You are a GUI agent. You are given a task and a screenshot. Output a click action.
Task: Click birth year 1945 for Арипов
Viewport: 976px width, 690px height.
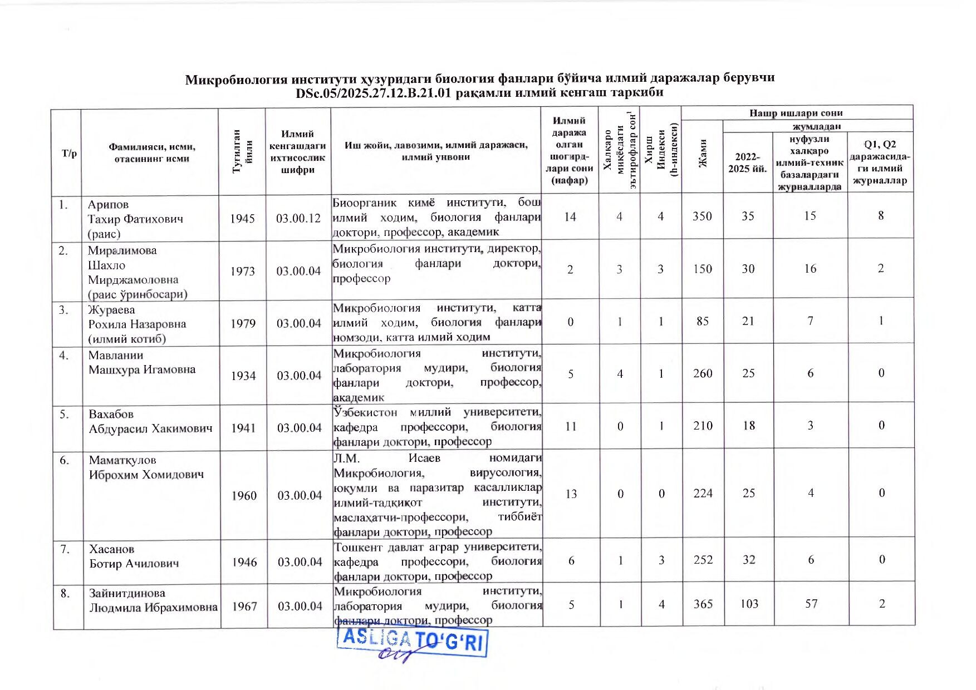coord(242,219)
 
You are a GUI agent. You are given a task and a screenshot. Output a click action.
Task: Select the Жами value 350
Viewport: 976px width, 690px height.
coord(702,216)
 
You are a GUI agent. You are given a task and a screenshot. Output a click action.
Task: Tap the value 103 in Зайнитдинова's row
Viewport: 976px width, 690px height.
coord(749,604)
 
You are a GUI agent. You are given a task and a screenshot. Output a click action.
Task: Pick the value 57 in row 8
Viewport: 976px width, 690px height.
coord(811,604)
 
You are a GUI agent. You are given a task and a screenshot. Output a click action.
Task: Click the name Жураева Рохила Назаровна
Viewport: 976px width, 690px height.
coord(137,324)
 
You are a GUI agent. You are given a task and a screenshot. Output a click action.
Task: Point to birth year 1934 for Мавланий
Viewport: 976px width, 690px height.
coord(243,376)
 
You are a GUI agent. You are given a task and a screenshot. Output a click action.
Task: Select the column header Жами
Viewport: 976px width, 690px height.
coord(703,153)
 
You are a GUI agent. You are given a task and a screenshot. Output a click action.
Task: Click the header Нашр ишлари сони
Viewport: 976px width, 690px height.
coord(796,113)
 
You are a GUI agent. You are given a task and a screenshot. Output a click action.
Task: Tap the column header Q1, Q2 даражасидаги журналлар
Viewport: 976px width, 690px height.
coord(880,162)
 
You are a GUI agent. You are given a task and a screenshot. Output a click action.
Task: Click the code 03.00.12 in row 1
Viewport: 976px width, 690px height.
coord(298,218)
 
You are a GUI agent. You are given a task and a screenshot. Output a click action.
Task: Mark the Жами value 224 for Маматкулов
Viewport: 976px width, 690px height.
coord(703,493)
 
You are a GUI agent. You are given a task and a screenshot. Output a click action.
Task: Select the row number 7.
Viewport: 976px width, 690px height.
coord(65,549)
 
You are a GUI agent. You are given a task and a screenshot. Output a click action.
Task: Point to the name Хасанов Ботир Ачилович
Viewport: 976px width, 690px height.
coord(134,556)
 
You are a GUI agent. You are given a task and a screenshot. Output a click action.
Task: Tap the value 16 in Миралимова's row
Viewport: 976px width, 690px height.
coord(810,269)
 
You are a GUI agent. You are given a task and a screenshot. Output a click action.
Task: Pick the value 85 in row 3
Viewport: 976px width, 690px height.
coord(703,321)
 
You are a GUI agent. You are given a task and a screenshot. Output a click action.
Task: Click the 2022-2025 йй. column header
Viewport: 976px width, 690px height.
coord(747,162)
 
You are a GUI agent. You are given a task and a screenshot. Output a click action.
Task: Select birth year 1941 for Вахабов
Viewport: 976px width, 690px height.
coord(243,428)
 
